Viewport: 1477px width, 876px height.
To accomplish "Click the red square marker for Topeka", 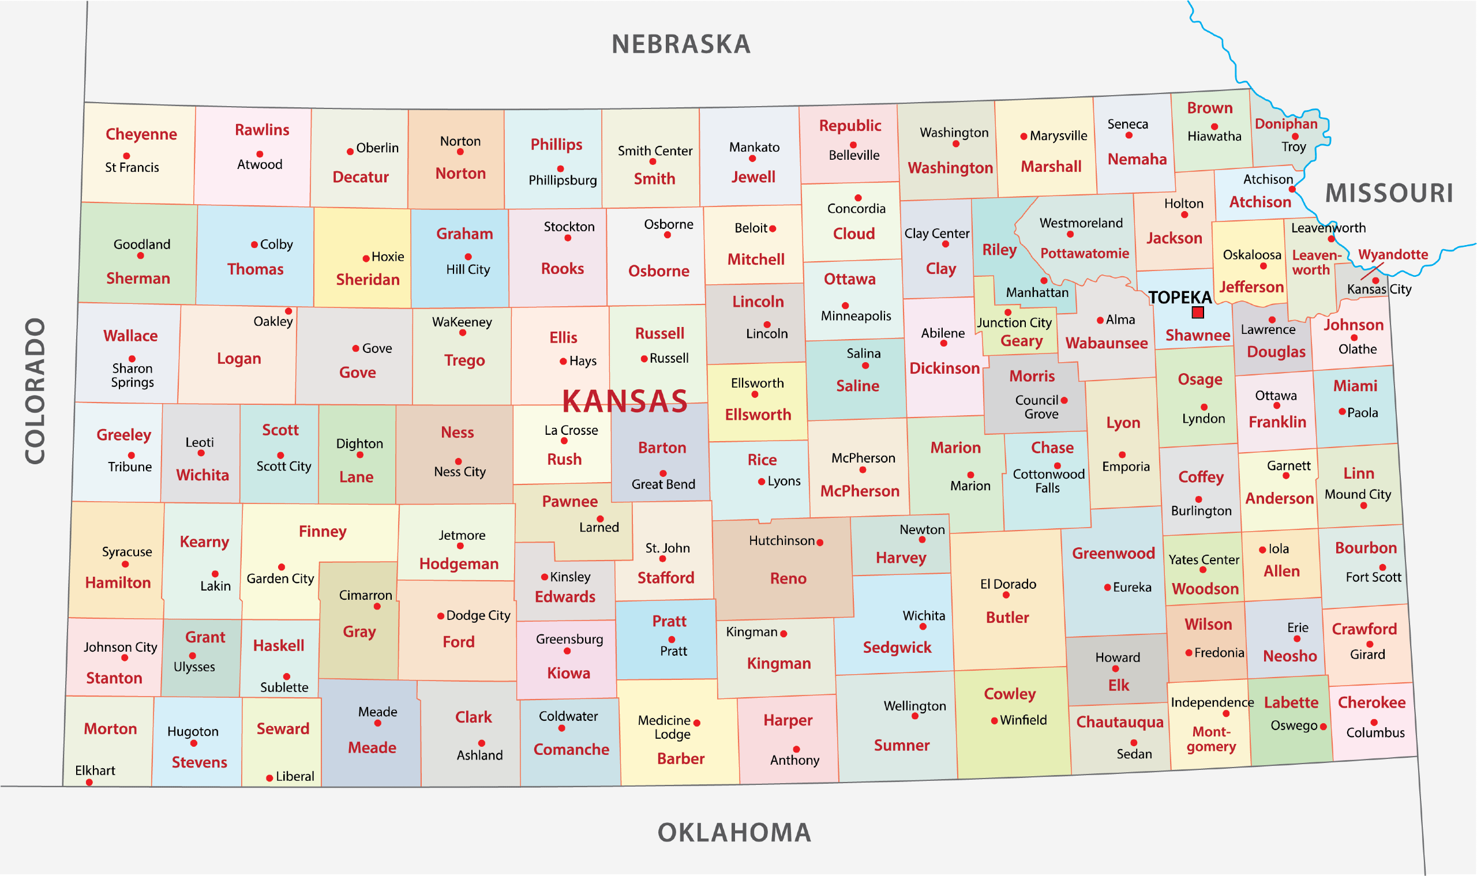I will [x=1198, y=312].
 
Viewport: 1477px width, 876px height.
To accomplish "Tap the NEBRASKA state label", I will [x=681, y=44].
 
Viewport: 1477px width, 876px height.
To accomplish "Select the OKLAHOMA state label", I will [x=734, y=832].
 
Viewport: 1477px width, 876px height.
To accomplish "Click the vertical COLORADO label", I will [x=35, y=391].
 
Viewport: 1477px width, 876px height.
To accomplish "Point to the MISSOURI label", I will [x=1389, y=193].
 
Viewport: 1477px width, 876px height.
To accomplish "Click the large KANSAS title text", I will [x=625, y=401].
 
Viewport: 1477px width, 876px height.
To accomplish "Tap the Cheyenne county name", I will [x=141, y=134].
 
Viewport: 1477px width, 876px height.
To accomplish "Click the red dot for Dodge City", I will [x=441, y=616].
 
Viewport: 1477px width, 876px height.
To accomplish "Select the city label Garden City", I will [x=280, y=578].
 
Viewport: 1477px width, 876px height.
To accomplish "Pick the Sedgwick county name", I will [x=897, y=648].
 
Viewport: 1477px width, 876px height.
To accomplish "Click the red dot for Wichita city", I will [x=923, y=627].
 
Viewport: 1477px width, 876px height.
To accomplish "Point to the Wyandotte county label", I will [x=1393, y=254].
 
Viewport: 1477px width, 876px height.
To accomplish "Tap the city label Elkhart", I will [x=95, y=770].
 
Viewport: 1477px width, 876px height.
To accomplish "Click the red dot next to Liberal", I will [x=269, y=778].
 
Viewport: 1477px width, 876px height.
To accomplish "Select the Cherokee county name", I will [x=1371, y=702].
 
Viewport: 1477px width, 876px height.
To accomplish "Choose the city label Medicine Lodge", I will [x=664, y=727].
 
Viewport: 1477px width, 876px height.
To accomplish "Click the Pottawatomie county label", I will [x=1084, y=253].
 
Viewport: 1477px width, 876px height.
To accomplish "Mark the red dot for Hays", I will [x=563, y=361].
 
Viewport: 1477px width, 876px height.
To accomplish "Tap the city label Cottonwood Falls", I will [x=1048, y=481].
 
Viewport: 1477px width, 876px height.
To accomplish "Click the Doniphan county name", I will [x=1285, y=124].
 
